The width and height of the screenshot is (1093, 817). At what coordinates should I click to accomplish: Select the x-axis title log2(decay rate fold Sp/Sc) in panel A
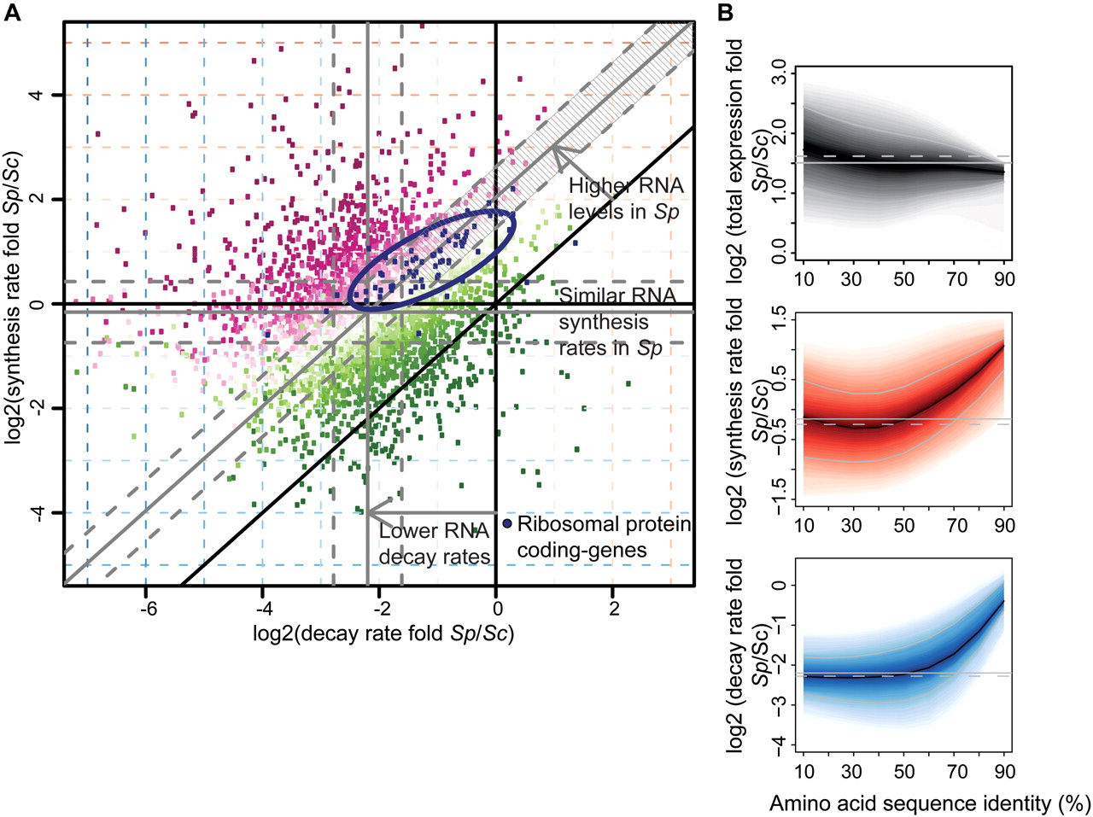point(383,633)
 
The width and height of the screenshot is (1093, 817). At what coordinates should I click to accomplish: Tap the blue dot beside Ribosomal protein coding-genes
point(507,523)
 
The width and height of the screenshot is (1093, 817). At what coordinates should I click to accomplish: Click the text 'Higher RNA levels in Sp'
point(625,198)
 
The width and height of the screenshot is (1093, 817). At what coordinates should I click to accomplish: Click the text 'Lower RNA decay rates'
point(434,544)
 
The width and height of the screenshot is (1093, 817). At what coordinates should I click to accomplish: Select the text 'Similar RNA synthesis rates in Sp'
point(617,323)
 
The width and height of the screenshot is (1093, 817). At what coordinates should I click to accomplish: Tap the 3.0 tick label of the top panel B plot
point(778,70)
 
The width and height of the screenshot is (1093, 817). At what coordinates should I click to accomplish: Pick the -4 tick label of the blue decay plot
point(778,744)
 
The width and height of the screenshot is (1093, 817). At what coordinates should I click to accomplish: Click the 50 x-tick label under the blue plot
point(904,772)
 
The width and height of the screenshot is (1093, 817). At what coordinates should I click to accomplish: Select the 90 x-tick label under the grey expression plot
point(1004,279)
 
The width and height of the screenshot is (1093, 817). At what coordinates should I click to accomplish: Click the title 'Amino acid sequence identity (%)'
point(930,803)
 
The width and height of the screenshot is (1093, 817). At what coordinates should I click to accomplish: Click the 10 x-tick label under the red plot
point(804,526)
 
